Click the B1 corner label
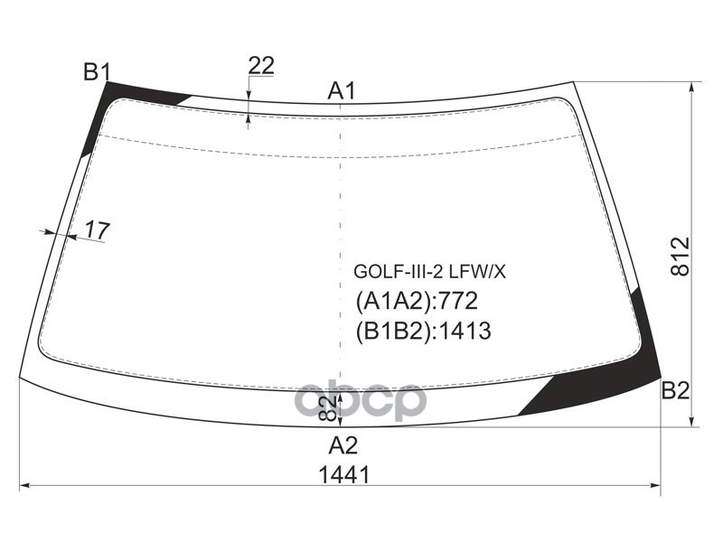coord(97,72)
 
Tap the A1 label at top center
coord(342,90)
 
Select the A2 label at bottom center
coord(343,444)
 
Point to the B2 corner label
coord(675,390)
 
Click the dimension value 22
coord(260,65)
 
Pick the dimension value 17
coord(97,230)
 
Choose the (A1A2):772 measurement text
coord(417,301)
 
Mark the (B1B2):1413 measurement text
coord(423,331)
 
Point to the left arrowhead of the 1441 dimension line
coord(24,486)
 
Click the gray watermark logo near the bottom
coord(361,400)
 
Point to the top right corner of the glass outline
coord(573,82)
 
